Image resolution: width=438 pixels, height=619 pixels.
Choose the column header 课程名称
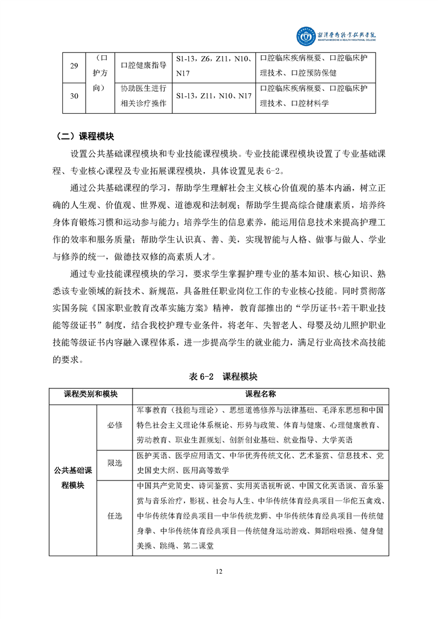tap(261, 395)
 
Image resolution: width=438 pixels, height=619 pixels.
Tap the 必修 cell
tap(114, 425)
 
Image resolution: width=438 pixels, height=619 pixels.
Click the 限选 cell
tap(114, 463)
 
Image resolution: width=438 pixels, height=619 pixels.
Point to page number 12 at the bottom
tap(219, 571)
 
